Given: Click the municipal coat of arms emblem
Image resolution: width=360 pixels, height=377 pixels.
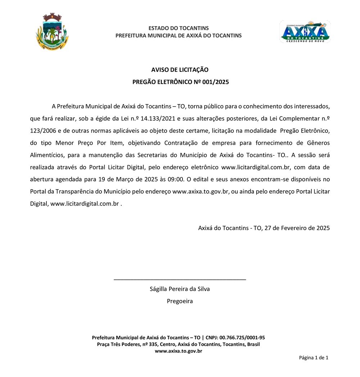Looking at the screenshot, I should pyautogui.click(x=53, y=32).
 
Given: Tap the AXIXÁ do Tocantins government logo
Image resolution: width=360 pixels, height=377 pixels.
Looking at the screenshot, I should pyautogui.click(x=305, y=32).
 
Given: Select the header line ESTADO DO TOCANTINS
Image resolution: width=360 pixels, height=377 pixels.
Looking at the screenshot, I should pyautogui.click(x=179, y=28).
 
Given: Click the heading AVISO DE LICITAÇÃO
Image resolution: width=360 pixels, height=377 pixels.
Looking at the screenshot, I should pyautogui.click(x=180, y=70).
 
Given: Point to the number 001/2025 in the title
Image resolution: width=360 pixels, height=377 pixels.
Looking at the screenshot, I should pyautogui.click(x=216, y=82).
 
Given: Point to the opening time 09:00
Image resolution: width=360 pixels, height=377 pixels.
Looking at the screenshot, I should pyautogui.click(x=177, y=179).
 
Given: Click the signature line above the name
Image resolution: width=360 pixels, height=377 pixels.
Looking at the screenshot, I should pyautogui.click(x=180, y=279).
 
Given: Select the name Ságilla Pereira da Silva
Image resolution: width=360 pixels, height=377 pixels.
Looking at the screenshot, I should pyautogui.click(x=180, y=289).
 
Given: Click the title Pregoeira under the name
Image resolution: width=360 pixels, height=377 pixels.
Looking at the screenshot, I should pyautogui.click(x=180, y=301).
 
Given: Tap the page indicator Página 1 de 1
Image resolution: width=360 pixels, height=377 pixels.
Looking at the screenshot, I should pyautogui.click(x=314, y=358).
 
